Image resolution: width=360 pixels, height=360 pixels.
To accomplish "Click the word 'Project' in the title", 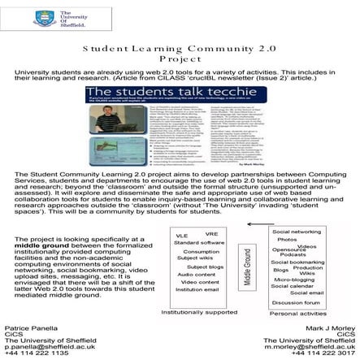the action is tap(180, 59).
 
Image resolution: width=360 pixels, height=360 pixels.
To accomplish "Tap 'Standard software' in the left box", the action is tap(199, 243).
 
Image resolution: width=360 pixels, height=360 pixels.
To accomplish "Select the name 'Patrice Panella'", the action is tap(30, 327).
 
